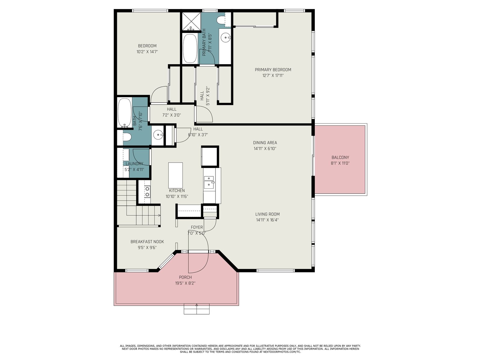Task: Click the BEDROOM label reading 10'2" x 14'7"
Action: (x=147, y=52)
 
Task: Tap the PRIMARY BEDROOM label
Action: (x=273, y=70)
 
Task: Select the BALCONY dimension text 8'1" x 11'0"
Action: (x=340, y=163)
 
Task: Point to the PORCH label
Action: (x=185, y=277)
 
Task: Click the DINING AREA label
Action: (x=265, y=143)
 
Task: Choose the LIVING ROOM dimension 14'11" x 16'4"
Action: (x=267, y=220)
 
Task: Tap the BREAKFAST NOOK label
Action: (x=147, y=241)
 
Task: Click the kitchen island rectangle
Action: (x=175, y=175)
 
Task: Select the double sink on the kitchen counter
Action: (x=209, y=182)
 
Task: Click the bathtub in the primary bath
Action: (x=190, y=48)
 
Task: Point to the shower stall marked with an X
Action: (x=191, y=21)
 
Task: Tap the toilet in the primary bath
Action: (x=221, y=20)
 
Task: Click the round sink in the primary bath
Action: (x=225, y=38)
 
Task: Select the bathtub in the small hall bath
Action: (x=125, y=113)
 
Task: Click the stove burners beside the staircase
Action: (x=148, y=191)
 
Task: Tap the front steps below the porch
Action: (x=196, y=309)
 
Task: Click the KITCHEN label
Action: (x=177, y=190)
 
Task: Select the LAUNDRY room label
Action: (x=134, y=163)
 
